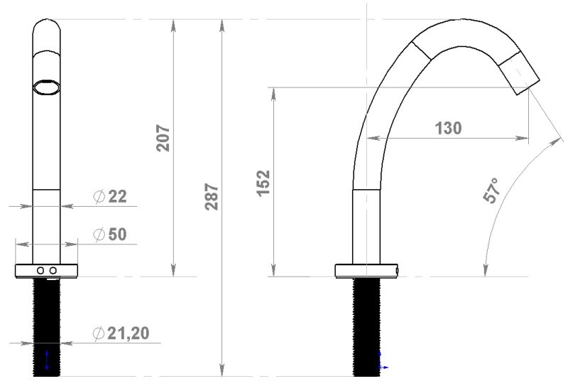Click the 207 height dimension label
[163, 138]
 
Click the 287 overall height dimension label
[212, 197]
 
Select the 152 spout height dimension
[263, 183]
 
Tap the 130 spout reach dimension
[448, 129]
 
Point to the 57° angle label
[492, 190]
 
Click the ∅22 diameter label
[110, 196]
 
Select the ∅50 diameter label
[110, 235]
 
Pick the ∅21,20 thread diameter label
[121, 333]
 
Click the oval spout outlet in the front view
[46, 87]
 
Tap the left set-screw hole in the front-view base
[40, 270]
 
